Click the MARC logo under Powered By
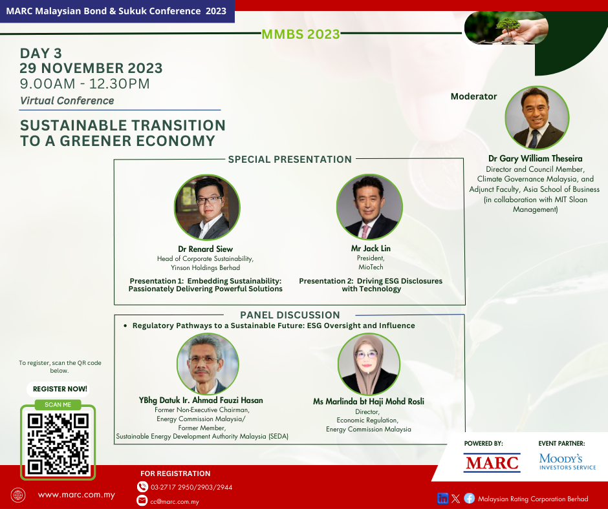click(492, 462)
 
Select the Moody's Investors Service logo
click(567, 462)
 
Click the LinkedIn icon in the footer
click(442, 499)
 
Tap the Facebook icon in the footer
click(469, 499)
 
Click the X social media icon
click(455, 499)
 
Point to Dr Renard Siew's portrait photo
click(207, 207)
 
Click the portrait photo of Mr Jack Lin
click(369, 207)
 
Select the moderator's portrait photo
click(537, 118)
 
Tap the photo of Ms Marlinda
click(369, 364)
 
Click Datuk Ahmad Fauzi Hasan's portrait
click(208, 364)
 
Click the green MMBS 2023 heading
click(301, 34)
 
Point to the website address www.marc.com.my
click(76, 495)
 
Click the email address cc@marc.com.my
click(175, 502)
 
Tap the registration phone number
click(191, 487)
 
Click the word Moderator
click(473, 96)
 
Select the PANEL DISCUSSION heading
click(290, 315)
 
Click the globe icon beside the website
click(18, 495)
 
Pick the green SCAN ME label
click(58, 404)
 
